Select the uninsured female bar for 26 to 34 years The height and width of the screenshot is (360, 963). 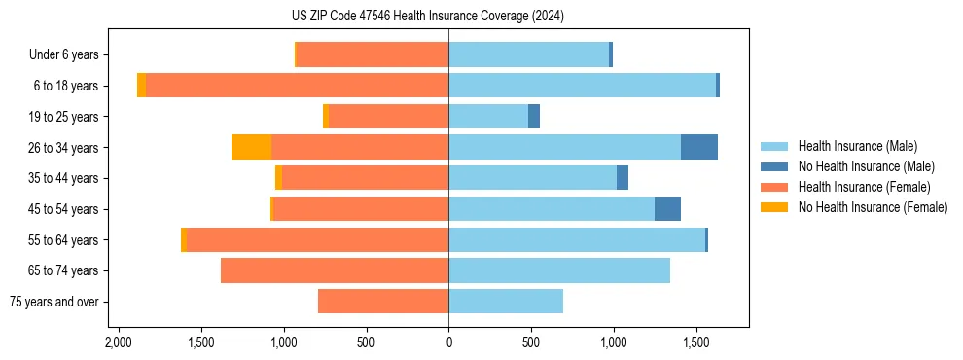pyautogui.click(x=251, y=147)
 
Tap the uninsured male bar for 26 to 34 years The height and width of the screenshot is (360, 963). pyautogui.click(x=699, y=147)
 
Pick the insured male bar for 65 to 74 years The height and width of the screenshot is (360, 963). pyautogui.click(x=559, y=270)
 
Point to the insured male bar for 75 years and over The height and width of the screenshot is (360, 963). pyautogui.click(x=506, y=302)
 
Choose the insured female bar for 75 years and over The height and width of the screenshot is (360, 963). pyautogui.click(x=383, y=302)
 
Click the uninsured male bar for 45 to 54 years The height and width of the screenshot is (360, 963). pyautogui.click(x=667, y=209)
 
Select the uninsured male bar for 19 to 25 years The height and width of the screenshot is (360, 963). pyautogui.click(x=534, y=117)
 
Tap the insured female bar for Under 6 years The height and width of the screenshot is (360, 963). pyautogui.click(x=373, y=54)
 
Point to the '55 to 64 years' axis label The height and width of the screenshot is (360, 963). pyautogui.click(x=65, y=240)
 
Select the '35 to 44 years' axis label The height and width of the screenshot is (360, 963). pyautogui.click(x=65, y=178)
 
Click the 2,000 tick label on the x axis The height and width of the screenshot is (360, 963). pyautogui.click(x=119, y=343)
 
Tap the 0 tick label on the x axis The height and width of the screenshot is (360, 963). pyautogui.click(x=448, y=343)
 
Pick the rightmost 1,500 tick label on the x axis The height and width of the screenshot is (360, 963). pyautogui.click(x=696, y=343)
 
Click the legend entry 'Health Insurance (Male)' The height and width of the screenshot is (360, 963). pyautogui.click(x=857, y=146)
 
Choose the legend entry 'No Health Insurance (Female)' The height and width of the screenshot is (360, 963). pyautogui.click(x=873, y=207)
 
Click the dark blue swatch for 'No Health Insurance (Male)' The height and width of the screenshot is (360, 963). pyautogui.click(x=774, y=166)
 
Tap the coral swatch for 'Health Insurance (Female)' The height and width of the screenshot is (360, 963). pyautogui.click(x=774, y=187)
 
